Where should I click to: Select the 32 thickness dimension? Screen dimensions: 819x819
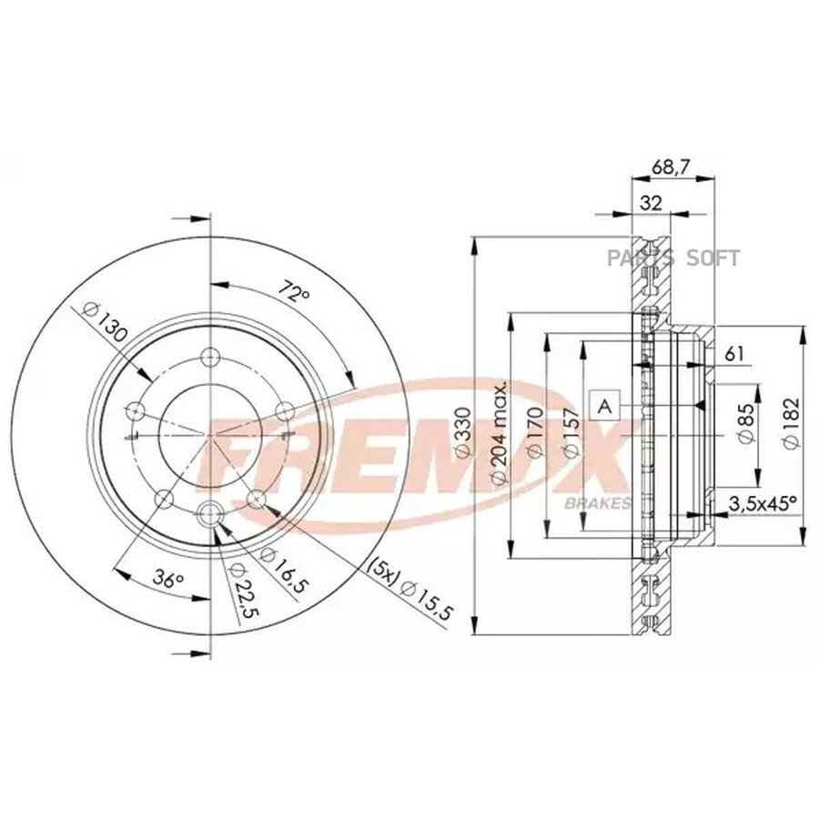click(x=651, y=203)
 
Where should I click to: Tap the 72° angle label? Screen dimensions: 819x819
click(x=294, y=292)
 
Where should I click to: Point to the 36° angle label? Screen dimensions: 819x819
click(x=167, y=579)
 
